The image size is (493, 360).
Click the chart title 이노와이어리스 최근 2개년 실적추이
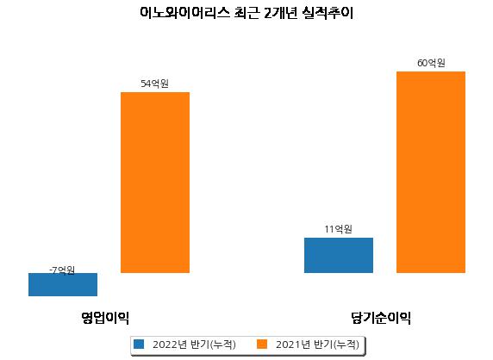(x=246, y=13)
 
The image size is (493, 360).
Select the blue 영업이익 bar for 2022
(x=63, y=284)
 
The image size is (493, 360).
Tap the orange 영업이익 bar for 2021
(x=155, y=183)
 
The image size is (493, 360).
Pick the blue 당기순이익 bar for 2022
(x=339, y=255)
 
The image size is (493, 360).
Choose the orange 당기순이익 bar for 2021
(x=431, y=172)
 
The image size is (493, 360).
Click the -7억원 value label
(x=62, y=270)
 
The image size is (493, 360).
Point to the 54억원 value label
(x=154, y=84)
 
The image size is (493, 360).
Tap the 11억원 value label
(x=339, y=229)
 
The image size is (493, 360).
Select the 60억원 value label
(x=431, y=63)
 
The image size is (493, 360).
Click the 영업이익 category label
(x=105, y=318)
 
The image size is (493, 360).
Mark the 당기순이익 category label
(x=381, y=318)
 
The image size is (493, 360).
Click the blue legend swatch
(x=139, y=344)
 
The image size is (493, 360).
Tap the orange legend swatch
(x=262, y=344)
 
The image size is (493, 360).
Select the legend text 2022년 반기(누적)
(x=194, y=344)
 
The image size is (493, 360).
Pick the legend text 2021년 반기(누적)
(x=317, y=344)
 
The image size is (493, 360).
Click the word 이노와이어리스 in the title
(x=184, y=13)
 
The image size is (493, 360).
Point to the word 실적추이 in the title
(x=328, y=13)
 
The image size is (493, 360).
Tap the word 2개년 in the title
(x=280, y=13)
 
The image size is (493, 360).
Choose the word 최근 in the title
(x=246, y=13)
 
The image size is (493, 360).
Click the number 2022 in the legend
(x=165, y=344)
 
